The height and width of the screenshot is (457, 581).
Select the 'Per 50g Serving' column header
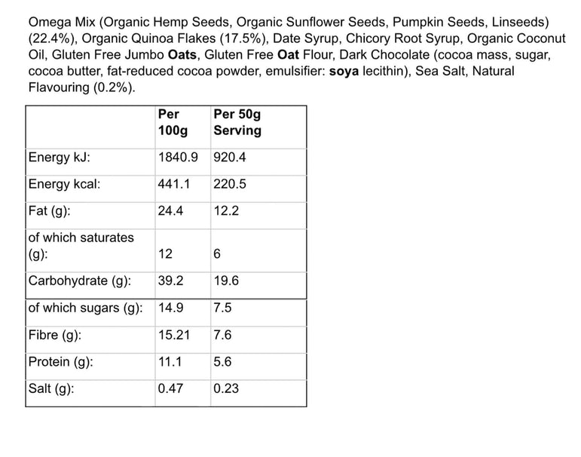[237, 122]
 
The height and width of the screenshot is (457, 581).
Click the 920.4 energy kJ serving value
[231, 158]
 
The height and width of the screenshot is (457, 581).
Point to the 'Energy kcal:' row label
[64, 184]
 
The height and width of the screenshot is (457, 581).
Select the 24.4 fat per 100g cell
[170, 211]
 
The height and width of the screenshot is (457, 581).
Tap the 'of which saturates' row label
[81, 238]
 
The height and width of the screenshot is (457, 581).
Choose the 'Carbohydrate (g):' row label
[79, 281]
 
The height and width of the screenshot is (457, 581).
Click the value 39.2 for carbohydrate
[170, 281]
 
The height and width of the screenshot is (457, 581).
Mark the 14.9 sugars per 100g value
[170, 308]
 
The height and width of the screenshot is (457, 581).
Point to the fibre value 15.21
[173, 335]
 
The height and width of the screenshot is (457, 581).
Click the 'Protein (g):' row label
[60, 362]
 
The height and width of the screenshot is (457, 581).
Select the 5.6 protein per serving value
[222, 362]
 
